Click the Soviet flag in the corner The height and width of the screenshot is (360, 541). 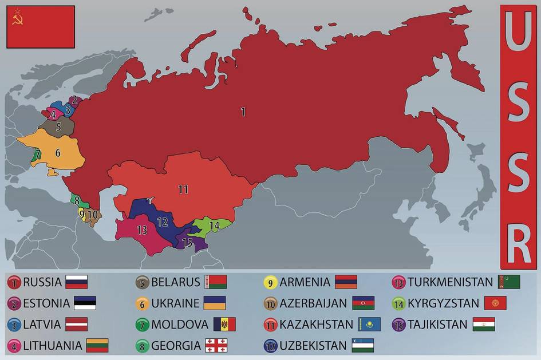[41, 27]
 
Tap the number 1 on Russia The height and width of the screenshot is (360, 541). [243, 112]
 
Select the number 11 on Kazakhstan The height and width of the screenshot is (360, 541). [183, 189]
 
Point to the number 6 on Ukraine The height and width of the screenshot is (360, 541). [58, 153]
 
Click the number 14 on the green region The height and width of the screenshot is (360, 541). [214, 226]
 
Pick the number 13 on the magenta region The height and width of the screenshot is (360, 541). [142, 230]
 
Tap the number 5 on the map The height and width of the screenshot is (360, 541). [58, 126]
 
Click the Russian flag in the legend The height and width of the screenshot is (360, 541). [76, 282]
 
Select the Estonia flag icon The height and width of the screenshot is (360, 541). [85, 303]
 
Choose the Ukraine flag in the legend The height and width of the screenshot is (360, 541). [215, 303]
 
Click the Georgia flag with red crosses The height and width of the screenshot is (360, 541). [216, 345]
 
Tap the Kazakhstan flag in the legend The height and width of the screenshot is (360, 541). [369, 324]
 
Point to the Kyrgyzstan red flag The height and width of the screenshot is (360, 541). [495, 303]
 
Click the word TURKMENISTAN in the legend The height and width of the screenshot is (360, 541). [451, 282]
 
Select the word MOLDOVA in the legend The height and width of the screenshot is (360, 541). [180, 325]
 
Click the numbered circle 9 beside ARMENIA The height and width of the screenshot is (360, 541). [270, 282]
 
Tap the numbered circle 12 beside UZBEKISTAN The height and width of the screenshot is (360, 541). [270, 346]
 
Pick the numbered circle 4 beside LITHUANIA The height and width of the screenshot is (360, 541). [14, 346]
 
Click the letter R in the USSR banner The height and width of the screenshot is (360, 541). [518, 243]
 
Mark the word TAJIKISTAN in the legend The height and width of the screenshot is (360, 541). [438, 325]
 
